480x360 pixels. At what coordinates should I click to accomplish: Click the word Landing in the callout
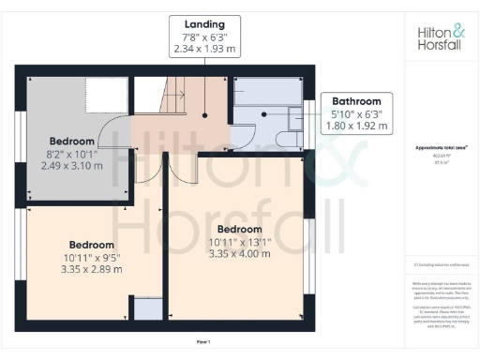tap(203, 24)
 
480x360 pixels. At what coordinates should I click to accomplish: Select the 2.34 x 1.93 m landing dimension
tap(203, 48)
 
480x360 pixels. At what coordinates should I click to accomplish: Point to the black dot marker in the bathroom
tap(266, 114)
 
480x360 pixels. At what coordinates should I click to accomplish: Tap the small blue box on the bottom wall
tap(147, 309)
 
